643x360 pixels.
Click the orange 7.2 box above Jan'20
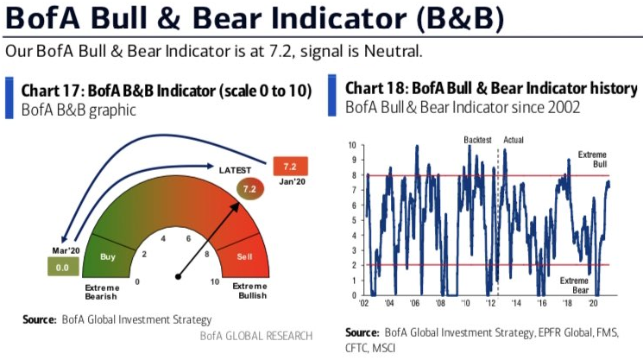click(x=287, y=165)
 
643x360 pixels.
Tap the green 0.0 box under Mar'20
click(x=60, y=268)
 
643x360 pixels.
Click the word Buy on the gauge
click(x=109, y=256)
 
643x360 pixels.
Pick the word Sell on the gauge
click(x=246, y=256)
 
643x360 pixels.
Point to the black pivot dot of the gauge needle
click(x=178, y=277)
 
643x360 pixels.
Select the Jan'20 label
click(x=287, y=181)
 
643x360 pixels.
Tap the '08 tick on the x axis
click(x=440, y=304)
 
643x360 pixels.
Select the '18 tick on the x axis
click(x=568, y=304)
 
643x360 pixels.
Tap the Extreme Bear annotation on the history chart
click(x=576, y=285)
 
